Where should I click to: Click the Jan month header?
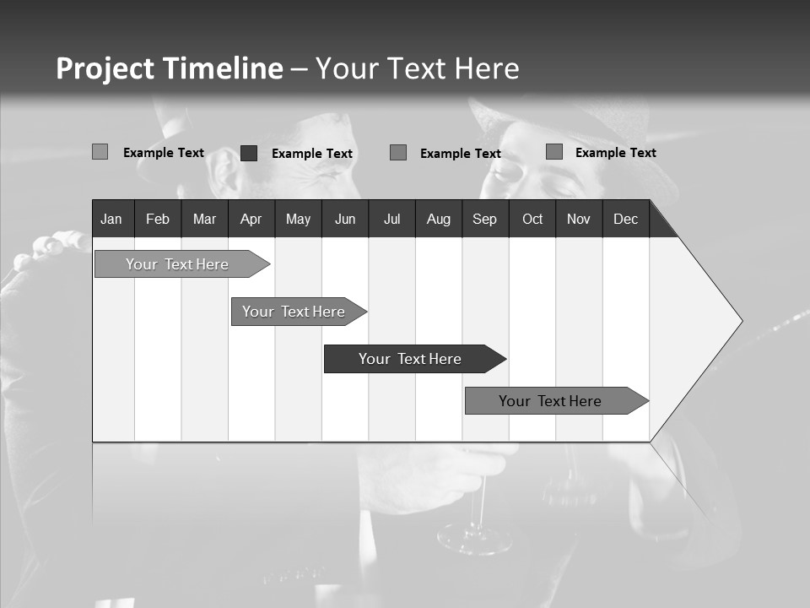[111, 220]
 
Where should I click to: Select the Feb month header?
[158, 220]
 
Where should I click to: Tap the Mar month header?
[204, 220]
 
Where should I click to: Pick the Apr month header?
[251, 220]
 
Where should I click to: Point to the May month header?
[298, 220]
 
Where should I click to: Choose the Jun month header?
[345, 220]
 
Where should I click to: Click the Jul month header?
[391, 220]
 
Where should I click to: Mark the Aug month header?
[439, 220]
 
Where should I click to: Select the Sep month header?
[484, 220]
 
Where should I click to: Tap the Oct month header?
[532, 220]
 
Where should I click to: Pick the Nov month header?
[579, 220]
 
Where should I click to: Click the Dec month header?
[625, 220]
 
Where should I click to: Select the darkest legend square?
[249, 153]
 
